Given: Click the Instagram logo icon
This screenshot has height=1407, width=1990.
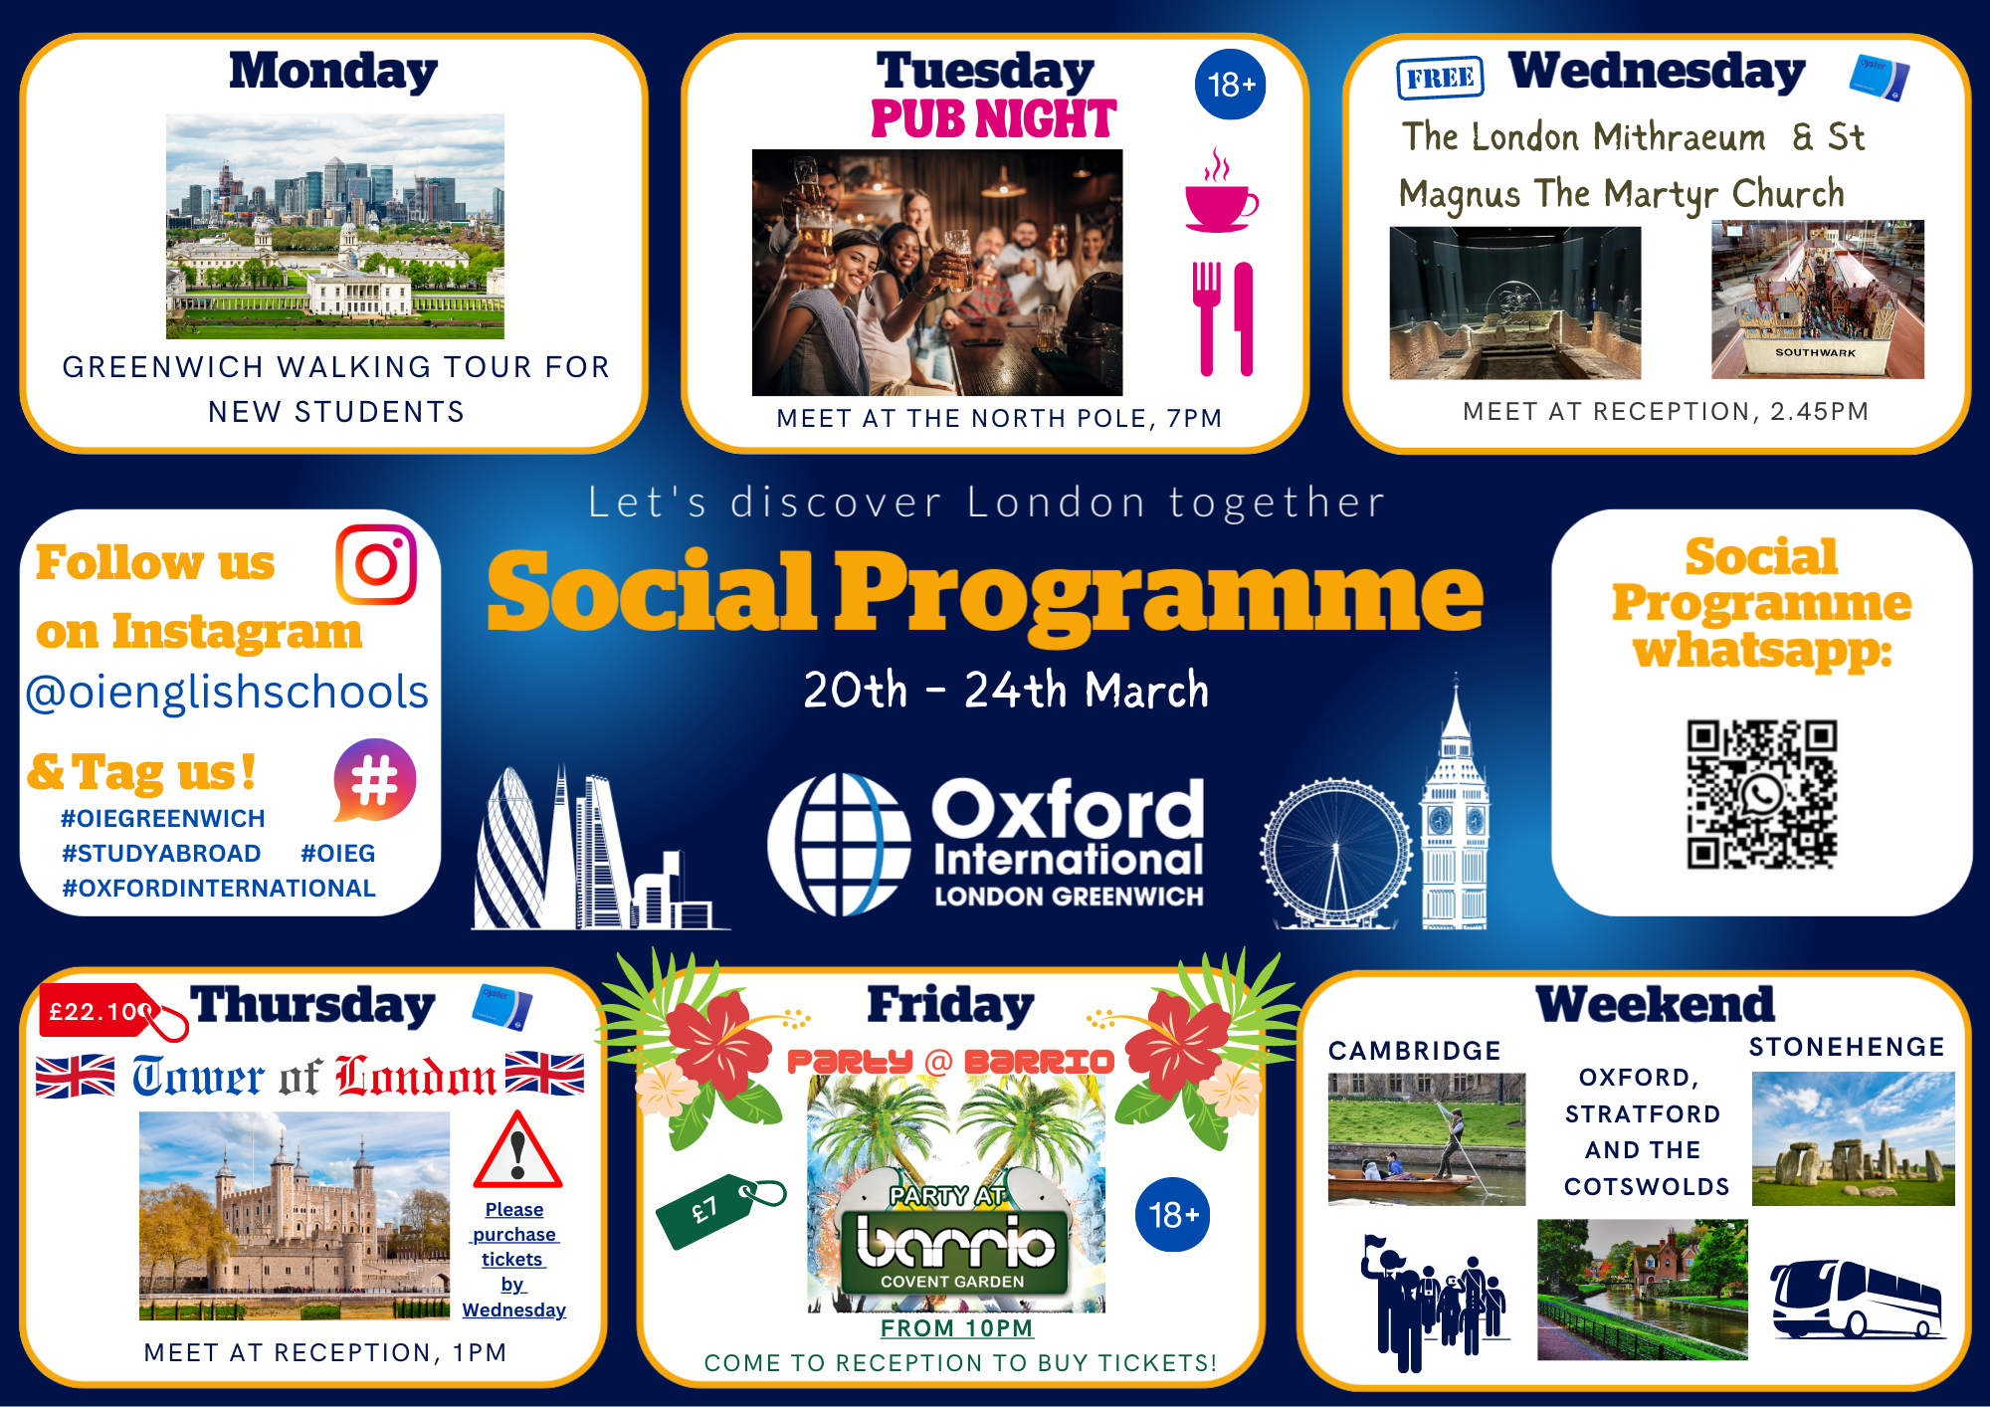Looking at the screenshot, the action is coord(376,564).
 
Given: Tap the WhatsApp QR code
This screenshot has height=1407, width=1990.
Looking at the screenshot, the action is coord(1761,794).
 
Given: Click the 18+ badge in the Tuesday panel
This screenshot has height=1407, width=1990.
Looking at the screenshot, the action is coord(1230,85).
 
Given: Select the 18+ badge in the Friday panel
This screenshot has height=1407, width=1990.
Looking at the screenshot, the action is coord(1173,1214).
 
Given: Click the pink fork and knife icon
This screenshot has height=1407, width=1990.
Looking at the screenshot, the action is coord(1224,318).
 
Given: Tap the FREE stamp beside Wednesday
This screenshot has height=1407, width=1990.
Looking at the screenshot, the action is coord(1441,78).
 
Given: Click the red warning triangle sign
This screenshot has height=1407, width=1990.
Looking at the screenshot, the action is coord(517,1151).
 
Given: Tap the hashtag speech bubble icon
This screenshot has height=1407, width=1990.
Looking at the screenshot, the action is coord(374,780).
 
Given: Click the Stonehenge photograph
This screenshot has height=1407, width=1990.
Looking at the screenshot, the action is coord(1853,1138).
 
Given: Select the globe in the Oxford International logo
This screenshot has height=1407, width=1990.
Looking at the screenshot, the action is coord(839,845).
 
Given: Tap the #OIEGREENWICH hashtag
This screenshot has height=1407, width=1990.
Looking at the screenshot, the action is coord(163,819).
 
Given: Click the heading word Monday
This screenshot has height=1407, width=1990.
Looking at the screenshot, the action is coord(333,72).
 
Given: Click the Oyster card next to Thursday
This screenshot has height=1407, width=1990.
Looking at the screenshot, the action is coord(502,1007).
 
